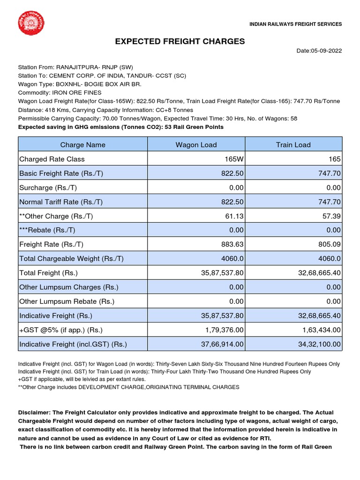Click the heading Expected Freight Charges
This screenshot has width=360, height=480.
(180, 41)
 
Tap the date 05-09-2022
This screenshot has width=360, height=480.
(319, 51)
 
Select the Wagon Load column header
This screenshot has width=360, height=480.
(196, 145)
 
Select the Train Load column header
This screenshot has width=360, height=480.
(293, 145)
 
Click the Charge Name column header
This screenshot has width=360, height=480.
(83, 145)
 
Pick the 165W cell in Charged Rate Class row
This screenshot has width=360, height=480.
(234, 159)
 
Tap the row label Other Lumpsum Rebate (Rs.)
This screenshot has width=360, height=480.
(67, 301)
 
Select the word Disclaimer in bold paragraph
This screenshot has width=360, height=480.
(34, 412)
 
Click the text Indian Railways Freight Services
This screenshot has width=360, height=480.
(295, 24)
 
